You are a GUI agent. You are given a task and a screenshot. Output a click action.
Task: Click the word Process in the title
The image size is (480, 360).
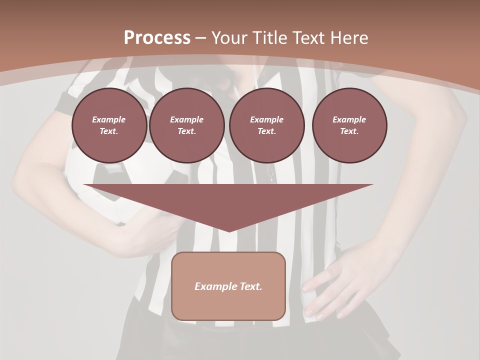[157, 38]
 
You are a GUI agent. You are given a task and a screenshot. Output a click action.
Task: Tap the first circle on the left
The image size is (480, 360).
[109, 125]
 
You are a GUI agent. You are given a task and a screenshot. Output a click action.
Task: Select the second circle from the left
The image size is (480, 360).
[187, 125]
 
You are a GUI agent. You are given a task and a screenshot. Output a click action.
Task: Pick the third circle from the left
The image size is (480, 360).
[267, 125]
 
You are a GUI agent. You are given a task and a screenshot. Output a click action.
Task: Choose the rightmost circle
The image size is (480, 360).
[349, 125]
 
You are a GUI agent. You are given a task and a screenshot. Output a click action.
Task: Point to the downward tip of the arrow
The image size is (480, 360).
[229, 229]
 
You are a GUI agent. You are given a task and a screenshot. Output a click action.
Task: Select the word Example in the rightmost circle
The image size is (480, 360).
[349, 119]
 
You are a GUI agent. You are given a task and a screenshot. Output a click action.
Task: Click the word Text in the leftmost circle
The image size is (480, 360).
[108, 131]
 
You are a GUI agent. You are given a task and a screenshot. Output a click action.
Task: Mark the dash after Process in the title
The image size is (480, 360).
[201, 38]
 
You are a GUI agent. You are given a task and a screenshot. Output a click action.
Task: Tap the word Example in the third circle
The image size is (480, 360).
[267, 119]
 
